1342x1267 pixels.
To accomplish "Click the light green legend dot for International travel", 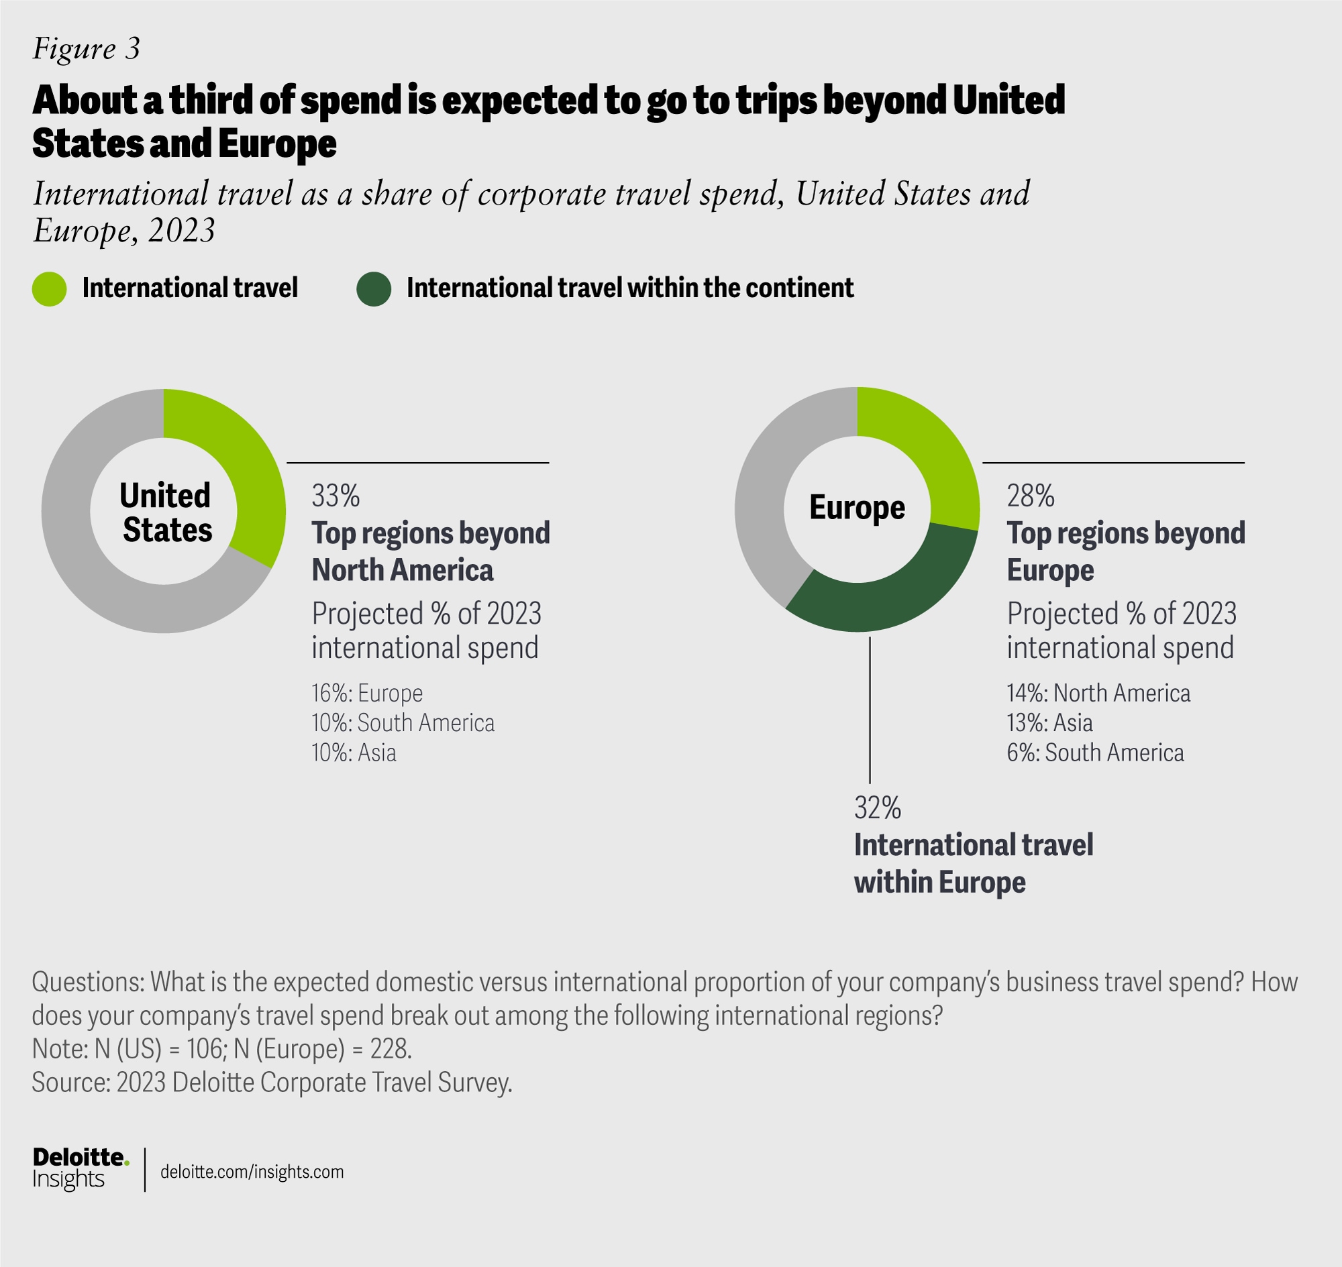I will click(x=50, y=289).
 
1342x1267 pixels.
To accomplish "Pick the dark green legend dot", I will click(x=374, y=289).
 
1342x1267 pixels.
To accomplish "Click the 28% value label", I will click(x=1031, y=496).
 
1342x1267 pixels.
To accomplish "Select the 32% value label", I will click(x=878, y=808).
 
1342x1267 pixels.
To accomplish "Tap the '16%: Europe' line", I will click(x=367, y=694).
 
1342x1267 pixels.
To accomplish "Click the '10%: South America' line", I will click(x=403, y=723).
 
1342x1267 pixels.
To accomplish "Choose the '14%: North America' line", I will click(x=1098, y=694).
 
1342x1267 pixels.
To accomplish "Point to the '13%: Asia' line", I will click(x=1049, y=723).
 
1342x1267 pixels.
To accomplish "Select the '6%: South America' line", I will click(x=1095, y=753).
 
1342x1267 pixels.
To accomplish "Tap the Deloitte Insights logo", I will click(x=81, y=1169).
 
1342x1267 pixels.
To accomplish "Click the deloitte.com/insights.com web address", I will click(x=252, y=1172).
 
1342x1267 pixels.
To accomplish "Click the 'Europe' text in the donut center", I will click(x=857, y=508).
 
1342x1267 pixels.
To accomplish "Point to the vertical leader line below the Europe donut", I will click(x=870, y=709).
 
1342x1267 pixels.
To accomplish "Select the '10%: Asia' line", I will click(x=354, y=753).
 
